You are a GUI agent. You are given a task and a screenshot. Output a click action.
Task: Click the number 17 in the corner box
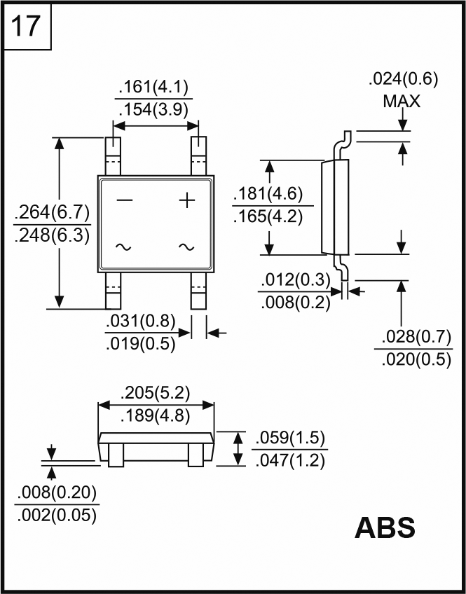pos(26,27)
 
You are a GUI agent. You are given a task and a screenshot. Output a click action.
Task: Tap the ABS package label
pos(385,528)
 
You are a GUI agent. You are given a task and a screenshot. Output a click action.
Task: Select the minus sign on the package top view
pos(124,200)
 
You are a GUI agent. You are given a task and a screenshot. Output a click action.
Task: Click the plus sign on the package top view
pos(186,201)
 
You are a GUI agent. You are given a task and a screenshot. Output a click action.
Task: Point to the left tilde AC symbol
pos(123,247)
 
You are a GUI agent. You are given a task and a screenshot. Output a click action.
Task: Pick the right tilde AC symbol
pos(186,247)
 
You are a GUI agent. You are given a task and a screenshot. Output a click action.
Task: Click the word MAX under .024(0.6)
pos(402,102)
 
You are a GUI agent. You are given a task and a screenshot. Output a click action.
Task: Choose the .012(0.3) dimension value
pos(295,280)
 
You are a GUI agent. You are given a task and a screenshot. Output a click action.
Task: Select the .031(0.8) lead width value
pos(140,322)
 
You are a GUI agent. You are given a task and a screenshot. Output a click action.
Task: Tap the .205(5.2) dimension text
pos(155,392)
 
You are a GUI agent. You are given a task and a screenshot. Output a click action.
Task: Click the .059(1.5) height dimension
pos(289,438)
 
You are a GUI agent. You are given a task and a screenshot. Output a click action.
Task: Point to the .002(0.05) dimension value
pos(55,515)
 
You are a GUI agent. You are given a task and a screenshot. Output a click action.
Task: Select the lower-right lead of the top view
pos(199,291)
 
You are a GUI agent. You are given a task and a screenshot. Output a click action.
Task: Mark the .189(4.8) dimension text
pos(155,415)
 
